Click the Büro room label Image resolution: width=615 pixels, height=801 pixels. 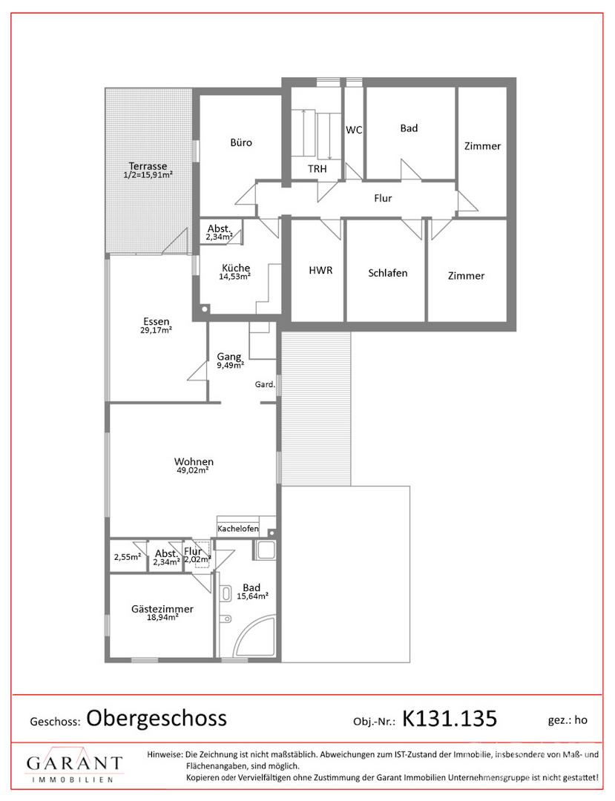241,142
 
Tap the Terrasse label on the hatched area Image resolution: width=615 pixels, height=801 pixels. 148,166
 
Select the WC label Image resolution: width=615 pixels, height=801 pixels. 354,130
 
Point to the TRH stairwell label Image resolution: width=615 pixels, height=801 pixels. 318,168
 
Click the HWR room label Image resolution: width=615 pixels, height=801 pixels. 320,270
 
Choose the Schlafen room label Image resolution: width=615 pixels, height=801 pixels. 388,273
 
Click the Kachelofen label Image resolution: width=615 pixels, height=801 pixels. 238,529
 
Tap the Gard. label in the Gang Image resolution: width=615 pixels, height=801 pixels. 265,384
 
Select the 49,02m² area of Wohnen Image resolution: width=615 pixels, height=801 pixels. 193,470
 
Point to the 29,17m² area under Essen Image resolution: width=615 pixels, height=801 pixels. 156,330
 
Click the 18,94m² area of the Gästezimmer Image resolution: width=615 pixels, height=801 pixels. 162,617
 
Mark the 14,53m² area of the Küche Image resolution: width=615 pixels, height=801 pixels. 234,277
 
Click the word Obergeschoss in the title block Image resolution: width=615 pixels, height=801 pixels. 157,718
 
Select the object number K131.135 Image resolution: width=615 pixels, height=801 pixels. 450,718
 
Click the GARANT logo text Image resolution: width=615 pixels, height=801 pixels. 75,764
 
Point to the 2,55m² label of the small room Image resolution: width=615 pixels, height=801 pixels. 127,557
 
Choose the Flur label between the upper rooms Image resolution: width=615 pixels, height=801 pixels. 383,198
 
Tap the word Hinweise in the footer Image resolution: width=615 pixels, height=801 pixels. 165,754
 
